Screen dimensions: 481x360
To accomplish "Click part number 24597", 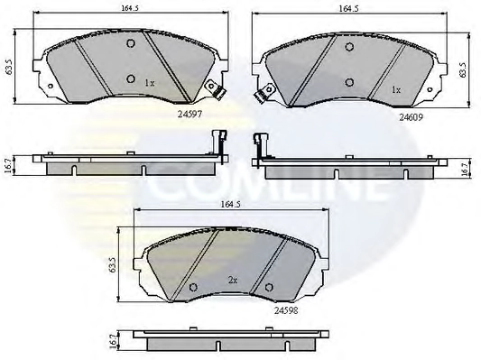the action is pos(190,114).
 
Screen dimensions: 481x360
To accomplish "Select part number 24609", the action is pos(411,116).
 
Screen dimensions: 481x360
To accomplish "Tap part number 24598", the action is pos(286,310).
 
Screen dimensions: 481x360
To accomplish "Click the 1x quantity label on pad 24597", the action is pos(150,83).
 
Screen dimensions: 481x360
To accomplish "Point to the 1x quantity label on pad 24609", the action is pos(396,90).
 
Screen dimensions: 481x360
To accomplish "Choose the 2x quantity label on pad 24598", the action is pos(233,280).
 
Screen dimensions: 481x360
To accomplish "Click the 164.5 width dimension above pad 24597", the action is pos(131,8).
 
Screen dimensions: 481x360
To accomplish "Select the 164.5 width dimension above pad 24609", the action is pos(348,9).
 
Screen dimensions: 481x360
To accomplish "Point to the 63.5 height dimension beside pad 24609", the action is pos(463,69).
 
